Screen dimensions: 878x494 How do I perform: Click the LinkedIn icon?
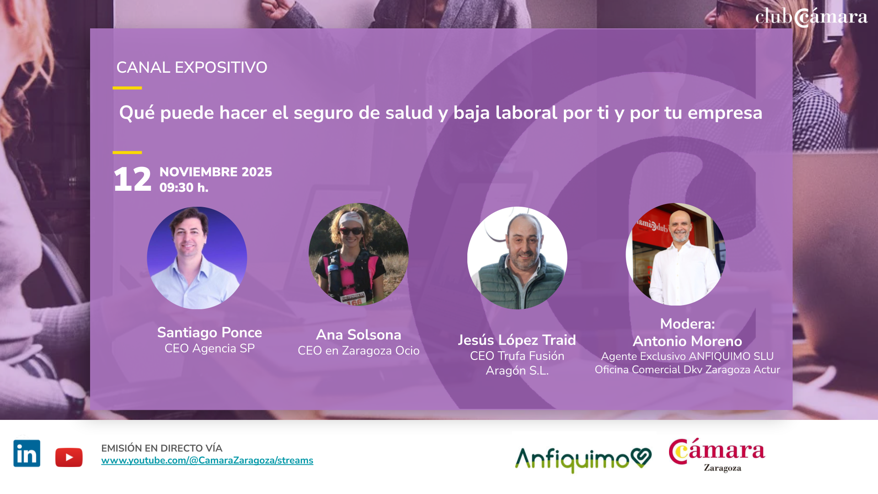[x=27, y=453]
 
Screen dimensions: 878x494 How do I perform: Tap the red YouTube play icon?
[x=69, y=457]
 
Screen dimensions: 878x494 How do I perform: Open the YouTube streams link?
[x=207, y=461]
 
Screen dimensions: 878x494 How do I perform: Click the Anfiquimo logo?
[x=584, y=459]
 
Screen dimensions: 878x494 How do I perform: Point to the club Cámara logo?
[x=811, y=17]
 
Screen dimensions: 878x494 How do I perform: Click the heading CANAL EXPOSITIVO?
[x=192, y=68]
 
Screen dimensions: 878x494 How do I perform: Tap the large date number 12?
[x=133, y=179]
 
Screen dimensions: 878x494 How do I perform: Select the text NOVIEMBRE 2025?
[x=216, y=172]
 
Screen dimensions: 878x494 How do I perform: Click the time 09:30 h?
[x=184, y=188]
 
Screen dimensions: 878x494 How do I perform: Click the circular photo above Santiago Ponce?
[x=197, y=258]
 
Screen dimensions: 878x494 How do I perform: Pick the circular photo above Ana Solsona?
[x=359, y=254]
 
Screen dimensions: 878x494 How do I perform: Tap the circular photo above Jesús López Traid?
[x=517, y=258]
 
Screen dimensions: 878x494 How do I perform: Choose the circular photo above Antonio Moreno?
[x=676, y=254]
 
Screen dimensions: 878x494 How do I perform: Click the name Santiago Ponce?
[x=209, y=333]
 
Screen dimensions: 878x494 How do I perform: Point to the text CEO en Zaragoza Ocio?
[x=359, y=351]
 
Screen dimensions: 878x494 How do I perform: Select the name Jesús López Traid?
[x=517, y=340]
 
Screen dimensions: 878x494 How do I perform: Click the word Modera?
[x=687, y=324]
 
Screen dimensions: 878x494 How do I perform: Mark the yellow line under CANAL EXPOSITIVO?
[x=127, y=88]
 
